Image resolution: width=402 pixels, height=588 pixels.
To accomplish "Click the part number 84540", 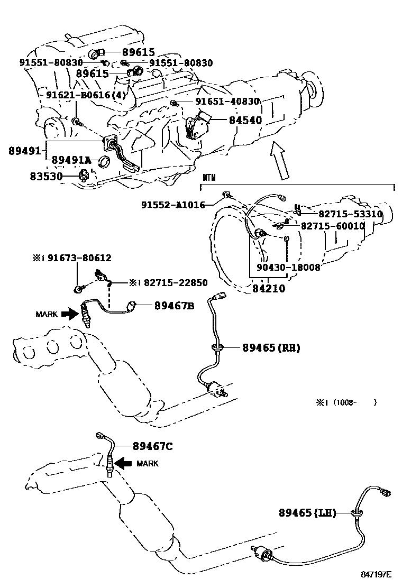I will click(245, 120).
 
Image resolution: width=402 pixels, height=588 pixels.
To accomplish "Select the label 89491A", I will click(71, 160).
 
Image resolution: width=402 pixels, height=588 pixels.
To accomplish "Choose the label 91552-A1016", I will click(173, 205).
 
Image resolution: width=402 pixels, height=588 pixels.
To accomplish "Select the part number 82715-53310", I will click(350, 214).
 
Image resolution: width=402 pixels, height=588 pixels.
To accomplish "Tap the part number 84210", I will click(269, 289).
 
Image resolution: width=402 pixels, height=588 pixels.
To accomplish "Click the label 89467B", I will click(175, 305).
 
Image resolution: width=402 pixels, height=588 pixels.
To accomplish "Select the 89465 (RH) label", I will click(271, 348).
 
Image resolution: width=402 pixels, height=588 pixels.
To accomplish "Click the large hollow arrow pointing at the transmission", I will click(280, 159).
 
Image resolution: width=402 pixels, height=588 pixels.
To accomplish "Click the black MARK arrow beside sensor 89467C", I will click(124, 463).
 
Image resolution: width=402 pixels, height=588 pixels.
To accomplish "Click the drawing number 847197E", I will click(377, 574).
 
